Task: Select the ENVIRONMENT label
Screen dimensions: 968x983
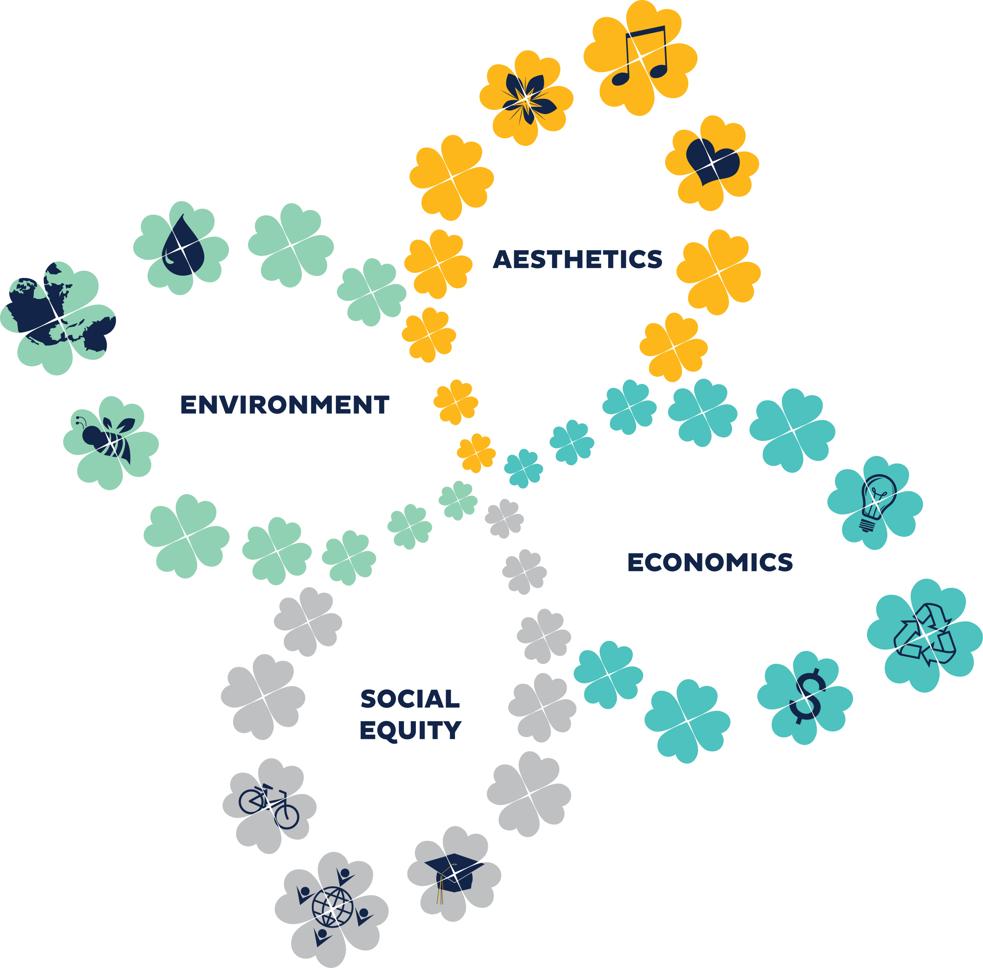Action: tap(285, 405)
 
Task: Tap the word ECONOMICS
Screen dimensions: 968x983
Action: tap(710, 562)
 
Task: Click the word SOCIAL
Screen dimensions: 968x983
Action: tap(410, 699)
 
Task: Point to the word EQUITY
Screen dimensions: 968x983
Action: tap(410, 731)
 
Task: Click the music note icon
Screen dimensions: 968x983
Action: tap(640, 55)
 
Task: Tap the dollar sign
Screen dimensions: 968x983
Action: tap(806, 695)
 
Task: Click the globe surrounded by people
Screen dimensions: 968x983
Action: tap(331, 907)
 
